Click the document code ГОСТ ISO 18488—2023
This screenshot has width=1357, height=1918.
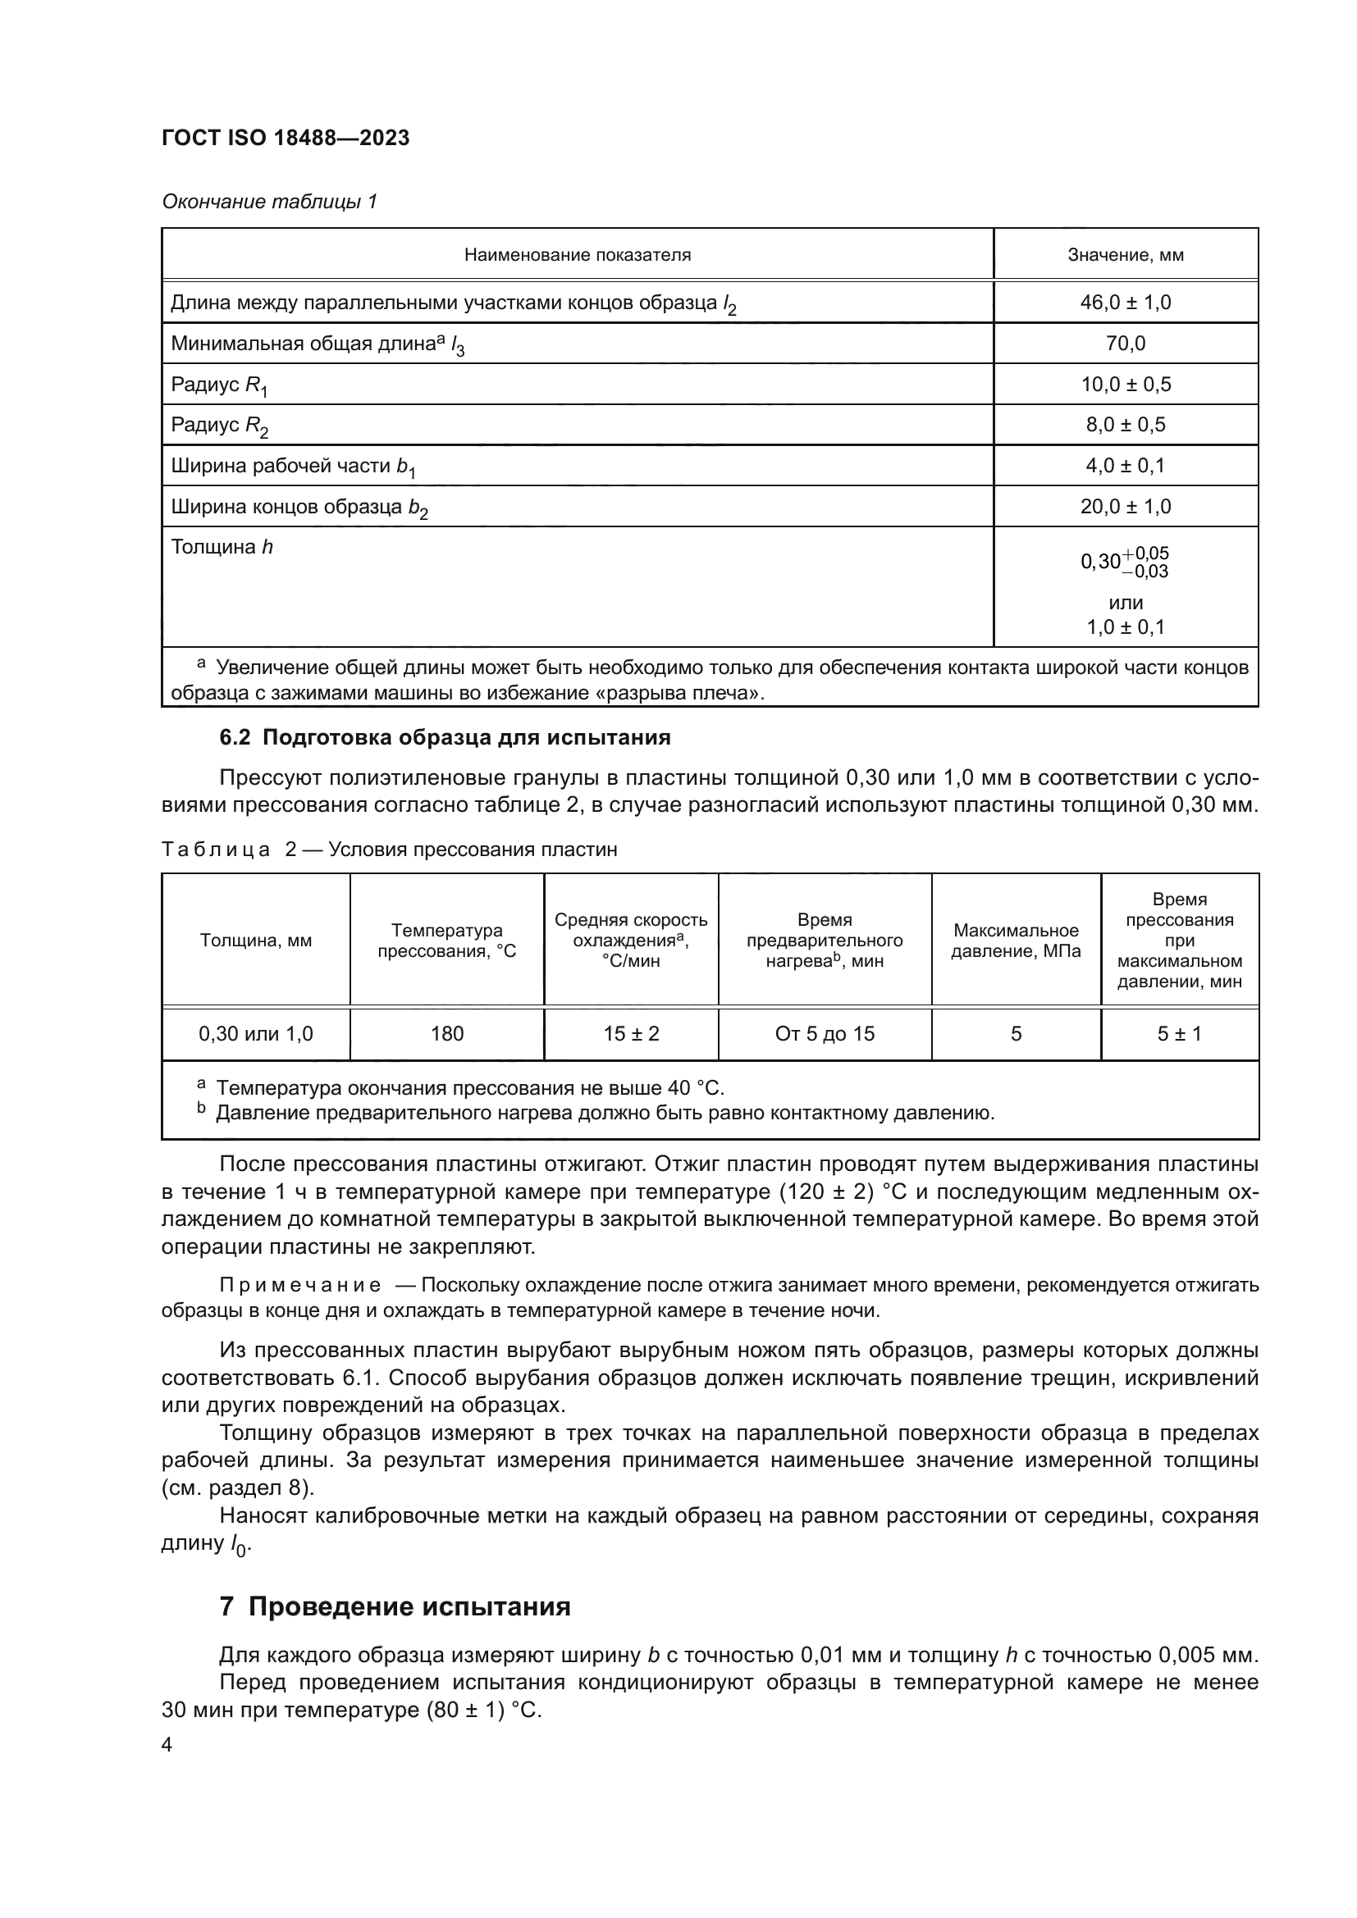[286, 138]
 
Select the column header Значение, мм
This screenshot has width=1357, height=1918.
[1125, 255]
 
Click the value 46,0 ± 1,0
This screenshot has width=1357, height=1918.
[1125, 303]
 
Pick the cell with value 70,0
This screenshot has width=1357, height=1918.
[1125, 344]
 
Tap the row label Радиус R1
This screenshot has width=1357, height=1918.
[219, 385]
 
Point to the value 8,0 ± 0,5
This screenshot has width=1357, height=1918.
[1125, 425]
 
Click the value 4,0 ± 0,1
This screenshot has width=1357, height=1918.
[1125, 465]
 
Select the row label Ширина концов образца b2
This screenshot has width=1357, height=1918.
[299, 507]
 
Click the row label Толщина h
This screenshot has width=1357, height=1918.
[222, 547]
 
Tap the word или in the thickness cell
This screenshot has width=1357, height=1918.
[1125, 603]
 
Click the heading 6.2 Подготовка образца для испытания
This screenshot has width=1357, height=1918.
[445, 738]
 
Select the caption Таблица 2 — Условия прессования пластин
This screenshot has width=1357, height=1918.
[390, 850]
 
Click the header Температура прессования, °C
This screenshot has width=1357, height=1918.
[446, 940]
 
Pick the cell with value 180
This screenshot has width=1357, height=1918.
[446, 1033]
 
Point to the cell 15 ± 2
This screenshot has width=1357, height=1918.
[631, 1033]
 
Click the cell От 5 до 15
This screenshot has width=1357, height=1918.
[824, 1033]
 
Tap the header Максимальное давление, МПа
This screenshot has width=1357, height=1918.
[1015, 940]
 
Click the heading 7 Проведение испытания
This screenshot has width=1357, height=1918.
[395, 1606]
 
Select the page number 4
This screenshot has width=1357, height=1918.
[167, 1745]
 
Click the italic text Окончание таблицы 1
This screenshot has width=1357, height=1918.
[269, 202]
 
